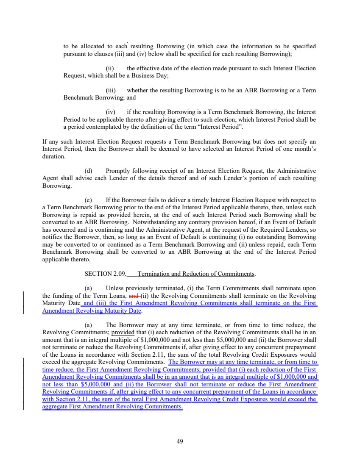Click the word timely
pyautogui.click(x=201, y=200)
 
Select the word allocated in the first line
pyautogui.click(x=87, y=47)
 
